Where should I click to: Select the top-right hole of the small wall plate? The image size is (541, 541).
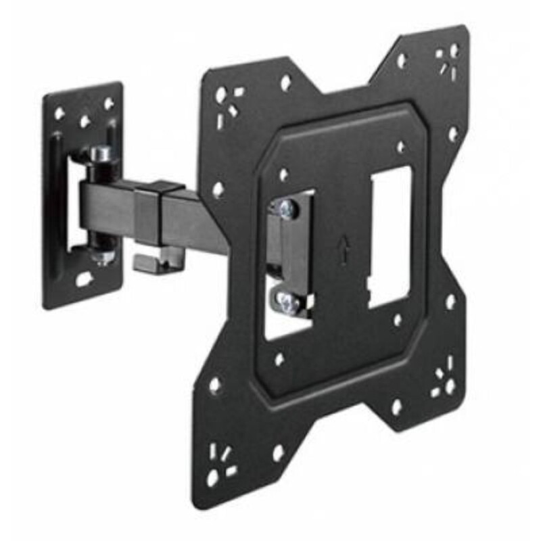[108, 104]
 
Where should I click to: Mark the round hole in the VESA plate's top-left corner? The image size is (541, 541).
[221, 94]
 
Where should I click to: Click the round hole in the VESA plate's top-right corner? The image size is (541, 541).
[454, 51]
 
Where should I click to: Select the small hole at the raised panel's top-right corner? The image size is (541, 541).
[401, 147]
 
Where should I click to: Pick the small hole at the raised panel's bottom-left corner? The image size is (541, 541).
[279, 359]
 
